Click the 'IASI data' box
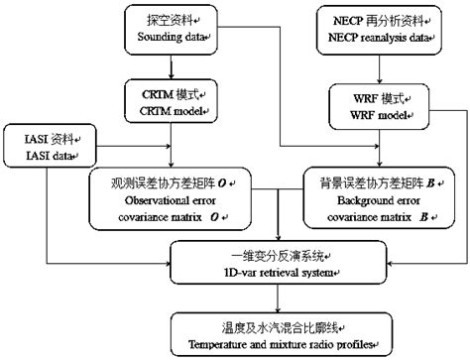pos(48,147)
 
